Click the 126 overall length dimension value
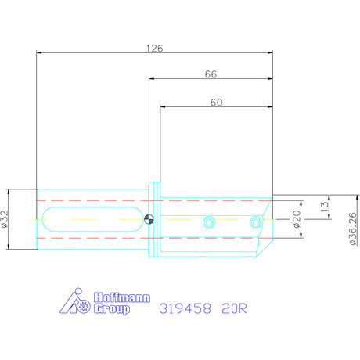pos(155,48)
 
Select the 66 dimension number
pos(210,74)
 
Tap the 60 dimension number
pos(216,102)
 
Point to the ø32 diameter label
pos(5,219)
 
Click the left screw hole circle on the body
pos(208,221)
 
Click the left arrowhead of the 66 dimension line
pos(152,79)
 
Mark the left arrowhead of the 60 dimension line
pos(163,106)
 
